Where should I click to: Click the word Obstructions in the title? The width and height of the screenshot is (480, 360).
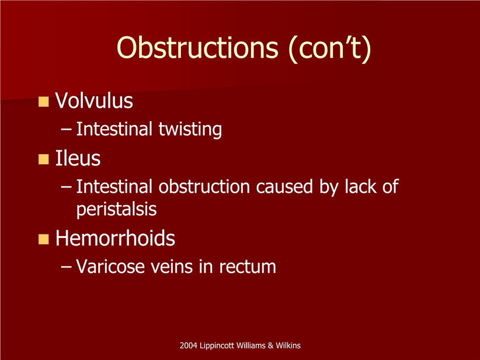[197, 48]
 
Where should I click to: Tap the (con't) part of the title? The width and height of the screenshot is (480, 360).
[330, 49]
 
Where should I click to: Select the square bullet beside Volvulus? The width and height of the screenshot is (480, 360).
[43, 102]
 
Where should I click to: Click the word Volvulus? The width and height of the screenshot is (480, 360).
[94, 101]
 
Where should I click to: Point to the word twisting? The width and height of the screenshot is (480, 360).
[190, 129]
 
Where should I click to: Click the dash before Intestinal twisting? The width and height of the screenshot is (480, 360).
[66, 129]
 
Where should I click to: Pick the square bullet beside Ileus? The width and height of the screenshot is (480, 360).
[43, 160]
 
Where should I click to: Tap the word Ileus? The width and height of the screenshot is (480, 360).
[78, 158]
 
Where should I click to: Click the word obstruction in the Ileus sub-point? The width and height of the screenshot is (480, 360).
[204, 186]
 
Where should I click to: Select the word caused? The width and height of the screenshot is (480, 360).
[284, 187]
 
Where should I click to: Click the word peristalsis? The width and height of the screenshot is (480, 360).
[116, 210]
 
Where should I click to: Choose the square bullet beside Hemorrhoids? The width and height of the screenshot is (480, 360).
[43, 239]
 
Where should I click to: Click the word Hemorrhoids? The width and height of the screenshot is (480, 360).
[115, 238]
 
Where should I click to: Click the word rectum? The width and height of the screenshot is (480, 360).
[248, 267]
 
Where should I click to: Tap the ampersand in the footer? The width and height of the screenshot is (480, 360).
[270, 345]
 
